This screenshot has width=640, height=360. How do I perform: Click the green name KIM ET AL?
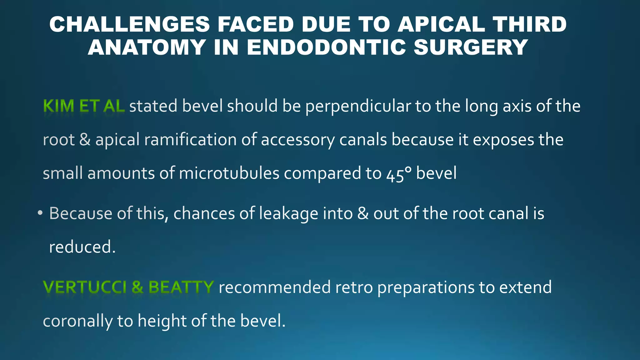coord(84,106)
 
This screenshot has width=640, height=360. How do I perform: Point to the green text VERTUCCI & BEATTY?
coord(128,287)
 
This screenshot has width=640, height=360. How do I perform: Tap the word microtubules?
coord(229,173)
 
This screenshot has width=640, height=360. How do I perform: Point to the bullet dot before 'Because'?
coord(40,213)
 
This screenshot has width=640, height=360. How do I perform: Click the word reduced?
coord(82,247)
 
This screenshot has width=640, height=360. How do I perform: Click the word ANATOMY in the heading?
coord(147,47)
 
